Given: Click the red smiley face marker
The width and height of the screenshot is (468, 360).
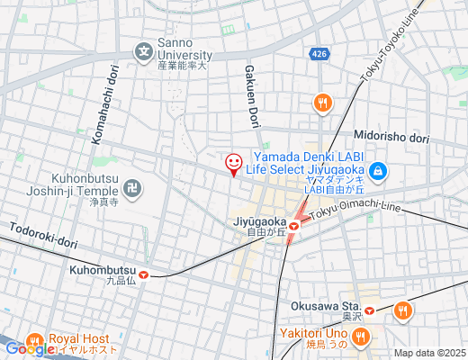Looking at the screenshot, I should click(233, 164).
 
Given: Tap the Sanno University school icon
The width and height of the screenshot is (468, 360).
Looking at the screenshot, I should click(144, 51).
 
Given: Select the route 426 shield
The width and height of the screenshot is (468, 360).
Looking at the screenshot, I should click(320, 56).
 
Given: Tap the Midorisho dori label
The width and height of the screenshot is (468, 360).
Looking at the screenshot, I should click(391, 137).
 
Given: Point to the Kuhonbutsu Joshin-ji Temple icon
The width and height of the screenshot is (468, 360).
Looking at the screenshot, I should click(132, 189).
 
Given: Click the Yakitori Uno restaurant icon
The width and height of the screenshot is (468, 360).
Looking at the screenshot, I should click(361, 338).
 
